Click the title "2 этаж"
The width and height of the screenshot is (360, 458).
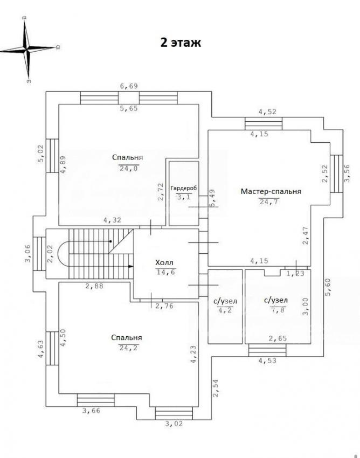tap(181, 43)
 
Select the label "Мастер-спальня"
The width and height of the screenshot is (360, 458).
tap(271, 192)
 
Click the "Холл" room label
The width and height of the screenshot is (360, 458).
tap(164, 263)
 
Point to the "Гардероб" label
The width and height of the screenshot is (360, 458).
tap(184, 189)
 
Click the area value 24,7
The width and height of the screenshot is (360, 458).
tap(269, 202)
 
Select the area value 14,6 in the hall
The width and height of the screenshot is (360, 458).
tap(165, 272)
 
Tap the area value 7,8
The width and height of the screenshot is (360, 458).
tap(276, 309)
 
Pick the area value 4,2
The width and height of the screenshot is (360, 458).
tap(225, 310)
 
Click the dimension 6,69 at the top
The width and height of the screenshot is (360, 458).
tap(129, 86)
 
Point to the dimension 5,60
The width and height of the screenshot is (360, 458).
tap(328, 287)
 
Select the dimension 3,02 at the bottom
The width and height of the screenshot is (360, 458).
tap(174, 424)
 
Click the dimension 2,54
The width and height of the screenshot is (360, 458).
tap(216, 388)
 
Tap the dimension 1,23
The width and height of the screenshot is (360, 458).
tap(295, 274)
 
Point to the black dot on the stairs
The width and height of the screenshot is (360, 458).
tap(110, 241)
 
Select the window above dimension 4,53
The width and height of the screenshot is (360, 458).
tap(267, 350)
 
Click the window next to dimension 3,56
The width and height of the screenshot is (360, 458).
tap(336, 174)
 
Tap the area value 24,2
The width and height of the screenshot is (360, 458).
tap(129, 348)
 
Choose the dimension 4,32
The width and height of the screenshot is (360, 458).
tap(112, 220)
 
